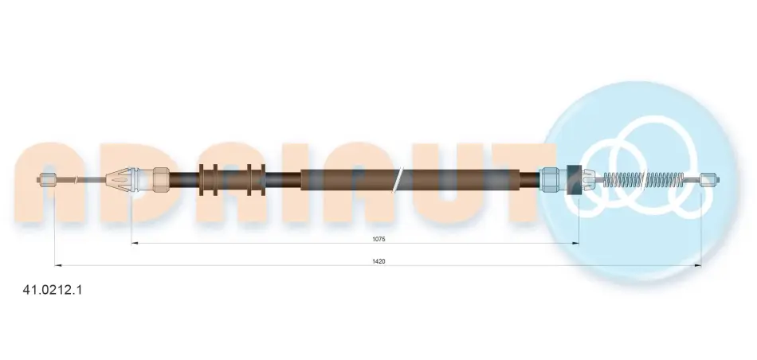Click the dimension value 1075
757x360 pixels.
[x=378, y=239]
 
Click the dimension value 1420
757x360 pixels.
[x=378, y=261]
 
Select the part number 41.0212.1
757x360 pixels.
[x=53, y=290]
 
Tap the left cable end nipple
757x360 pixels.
[x=47, y=180]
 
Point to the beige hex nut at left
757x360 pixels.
[x=161, y=180]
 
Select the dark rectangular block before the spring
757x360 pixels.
[x=574, y=180]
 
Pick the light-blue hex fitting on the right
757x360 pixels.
[x=549, y=180]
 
